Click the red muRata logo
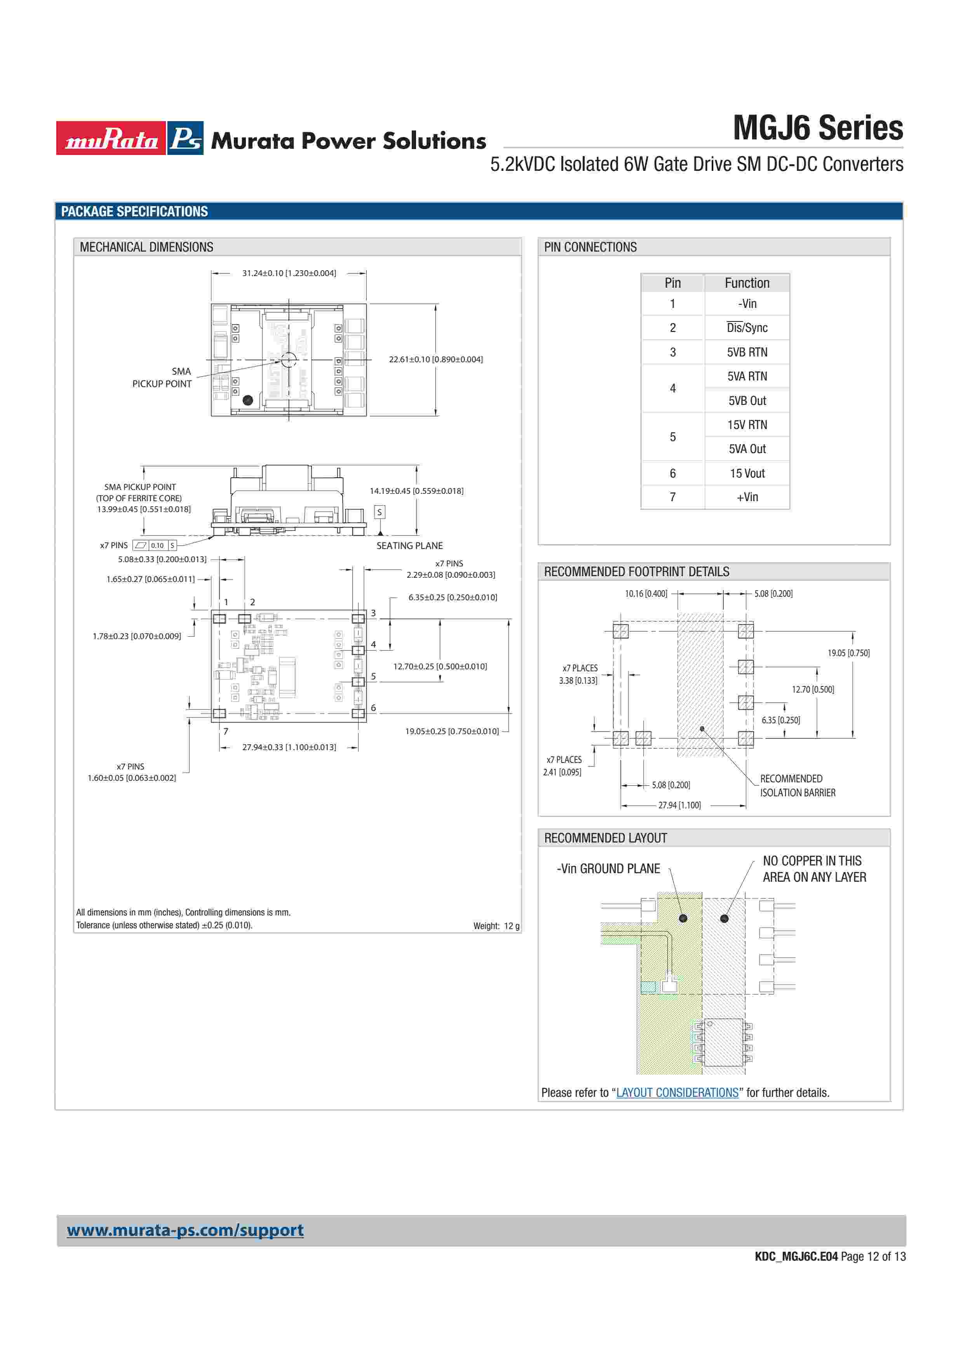pos(111,138)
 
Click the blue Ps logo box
pos(185,138)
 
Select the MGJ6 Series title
pos(818,128)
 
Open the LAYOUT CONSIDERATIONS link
pos(677,1093)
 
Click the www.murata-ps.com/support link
pos(185,1230)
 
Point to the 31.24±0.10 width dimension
pos(289,273)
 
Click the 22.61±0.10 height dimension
pos(435,360)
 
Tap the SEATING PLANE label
pos(409,546)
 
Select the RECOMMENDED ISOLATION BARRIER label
pos(798,785)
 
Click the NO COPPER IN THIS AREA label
pos(814,869)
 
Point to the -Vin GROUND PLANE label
pos(608,869)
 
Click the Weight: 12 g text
pos(496,926)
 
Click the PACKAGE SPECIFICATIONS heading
pos(135,212)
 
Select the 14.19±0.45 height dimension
pos(416,491)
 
